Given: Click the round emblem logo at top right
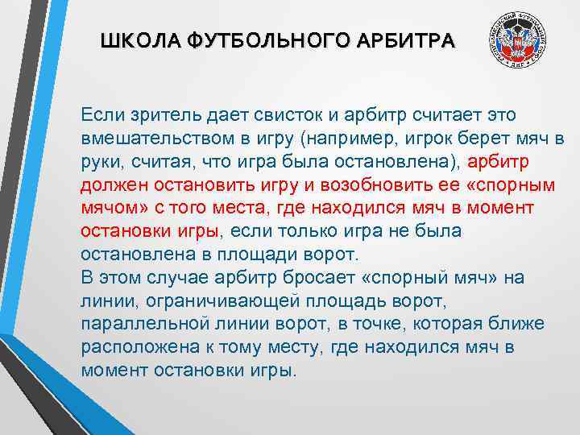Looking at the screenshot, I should point(519,43).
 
